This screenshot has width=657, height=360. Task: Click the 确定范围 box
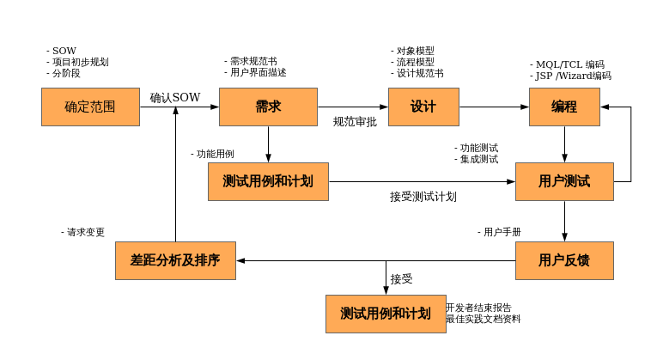pos(90,107)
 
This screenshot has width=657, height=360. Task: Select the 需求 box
pos(268,107)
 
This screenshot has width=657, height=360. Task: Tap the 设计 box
pos(423,107)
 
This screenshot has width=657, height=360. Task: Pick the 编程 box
pos(564,107)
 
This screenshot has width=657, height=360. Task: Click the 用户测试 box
pos(564,181)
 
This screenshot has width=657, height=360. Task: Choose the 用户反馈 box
pos(564,260)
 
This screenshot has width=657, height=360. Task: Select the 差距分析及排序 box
pos(175,260)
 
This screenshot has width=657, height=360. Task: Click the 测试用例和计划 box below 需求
pos(268,181)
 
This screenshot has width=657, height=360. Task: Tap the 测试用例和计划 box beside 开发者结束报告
pos(386,314)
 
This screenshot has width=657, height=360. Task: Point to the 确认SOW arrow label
pos(175,98)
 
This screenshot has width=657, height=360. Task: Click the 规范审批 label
pos(355,122)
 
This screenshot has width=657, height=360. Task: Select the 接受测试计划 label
pos(423,197)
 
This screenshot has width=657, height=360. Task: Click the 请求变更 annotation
pos(83,232)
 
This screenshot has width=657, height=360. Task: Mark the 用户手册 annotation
pos(500,232)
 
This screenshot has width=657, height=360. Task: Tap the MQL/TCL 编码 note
pos(568,64)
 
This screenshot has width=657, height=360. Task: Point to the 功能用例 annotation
pos(212,154)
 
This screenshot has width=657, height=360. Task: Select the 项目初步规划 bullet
pos(78,62)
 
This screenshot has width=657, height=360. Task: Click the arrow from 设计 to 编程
pos(494,107)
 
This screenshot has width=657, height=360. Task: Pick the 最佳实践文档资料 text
pos(483,319)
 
